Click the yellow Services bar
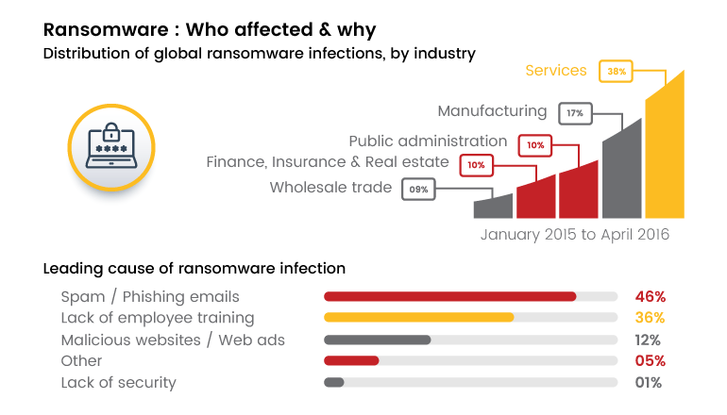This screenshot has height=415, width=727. (665, 151)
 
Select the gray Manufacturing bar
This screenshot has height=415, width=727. (622, 174)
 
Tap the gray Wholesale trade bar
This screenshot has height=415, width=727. (493, 207)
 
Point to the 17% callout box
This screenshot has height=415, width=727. (575, 113)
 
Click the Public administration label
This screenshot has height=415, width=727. (428, 141)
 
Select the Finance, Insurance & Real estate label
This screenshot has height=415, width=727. (328, 163)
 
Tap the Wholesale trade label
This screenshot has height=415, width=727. (330, 188)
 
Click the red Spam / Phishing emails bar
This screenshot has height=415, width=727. (450, 296)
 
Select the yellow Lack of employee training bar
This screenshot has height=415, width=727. (419, 318)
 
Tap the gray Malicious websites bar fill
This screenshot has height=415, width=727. (378, 340)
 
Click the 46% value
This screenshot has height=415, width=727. (650, 296)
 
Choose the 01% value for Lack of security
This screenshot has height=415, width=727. (649, 383)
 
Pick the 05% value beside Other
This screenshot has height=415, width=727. (650, 361)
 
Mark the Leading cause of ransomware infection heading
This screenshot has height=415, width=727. (194, 269)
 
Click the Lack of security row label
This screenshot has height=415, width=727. (119, 383)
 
